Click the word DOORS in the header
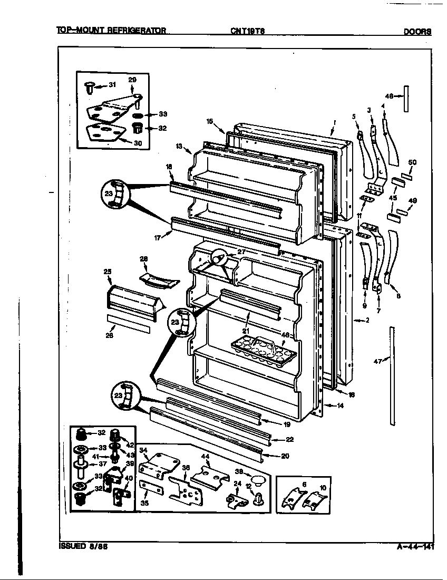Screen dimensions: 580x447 click(417, 31)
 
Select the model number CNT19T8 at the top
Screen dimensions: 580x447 click(247, 31)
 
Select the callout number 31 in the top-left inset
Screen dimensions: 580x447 click(112, 85)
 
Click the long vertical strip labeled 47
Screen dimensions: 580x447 click(392, 375)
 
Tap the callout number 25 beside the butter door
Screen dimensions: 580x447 click(108, 272)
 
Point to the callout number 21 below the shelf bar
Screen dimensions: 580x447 click(245, 330)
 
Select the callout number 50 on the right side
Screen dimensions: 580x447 click(412, 162)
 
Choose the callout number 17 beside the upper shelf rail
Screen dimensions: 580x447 click(157, 238)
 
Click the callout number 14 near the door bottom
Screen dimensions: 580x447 click(339, 405)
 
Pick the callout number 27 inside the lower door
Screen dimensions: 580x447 click(241, 252)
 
